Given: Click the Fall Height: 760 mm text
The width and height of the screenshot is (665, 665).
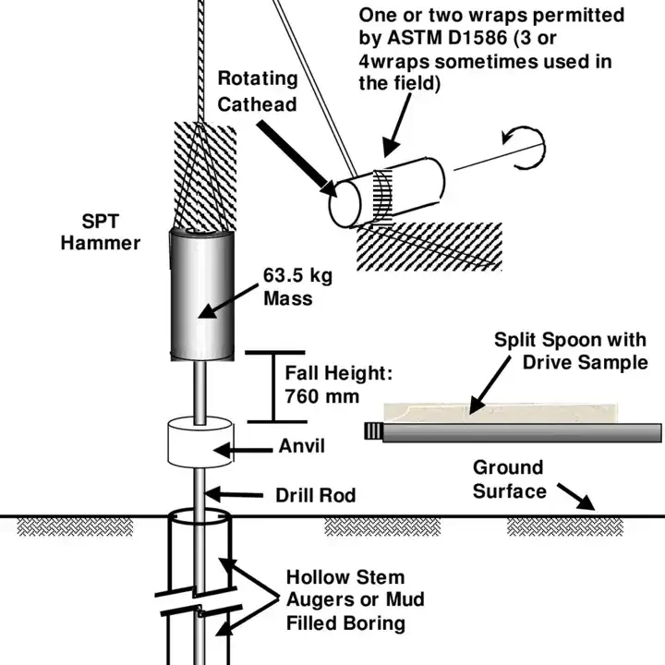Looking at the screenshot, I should tap(338, 387).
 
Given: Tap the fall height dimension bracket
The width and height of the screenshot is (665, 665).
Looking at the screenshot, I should tap(273, 386).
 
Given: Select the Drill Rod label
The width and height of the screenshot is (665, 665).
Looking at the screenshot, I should tap(315, 495).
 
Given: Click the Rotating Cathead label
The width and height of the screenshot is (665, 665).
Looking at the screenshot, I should tap(258, 91).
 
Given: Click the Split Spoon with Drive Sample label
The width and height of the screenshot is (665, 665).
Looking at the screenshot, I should tap(571, 351).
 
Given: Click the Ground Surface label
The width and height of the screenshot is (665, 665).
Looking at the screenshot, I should tap(509, 479).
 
